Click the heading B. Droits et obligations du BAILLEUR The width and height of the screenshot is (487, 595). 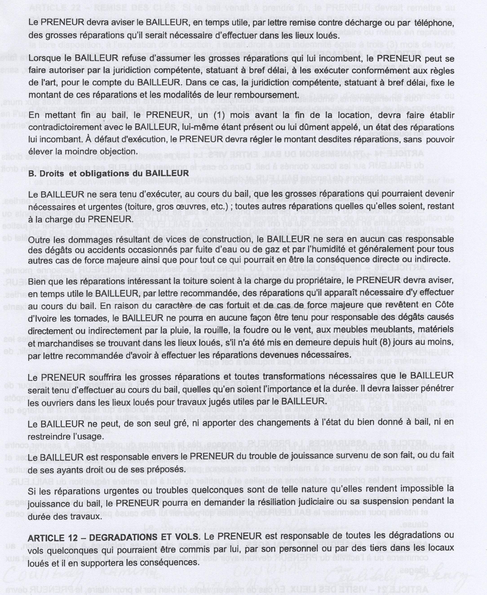coord(108,173)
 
